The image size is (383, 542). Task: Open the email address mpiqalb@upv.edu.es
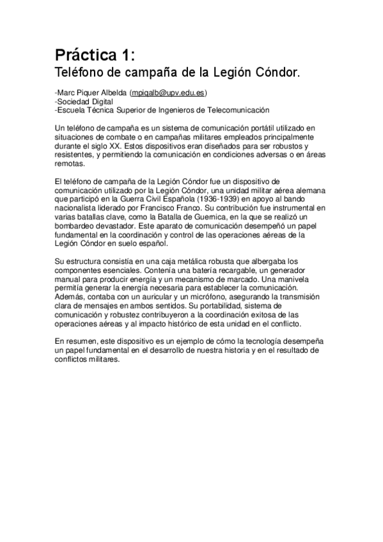168,93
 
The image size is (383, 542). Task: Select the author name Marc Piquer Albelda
92,93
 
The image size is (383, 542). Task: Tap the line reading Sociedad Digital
86,101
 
